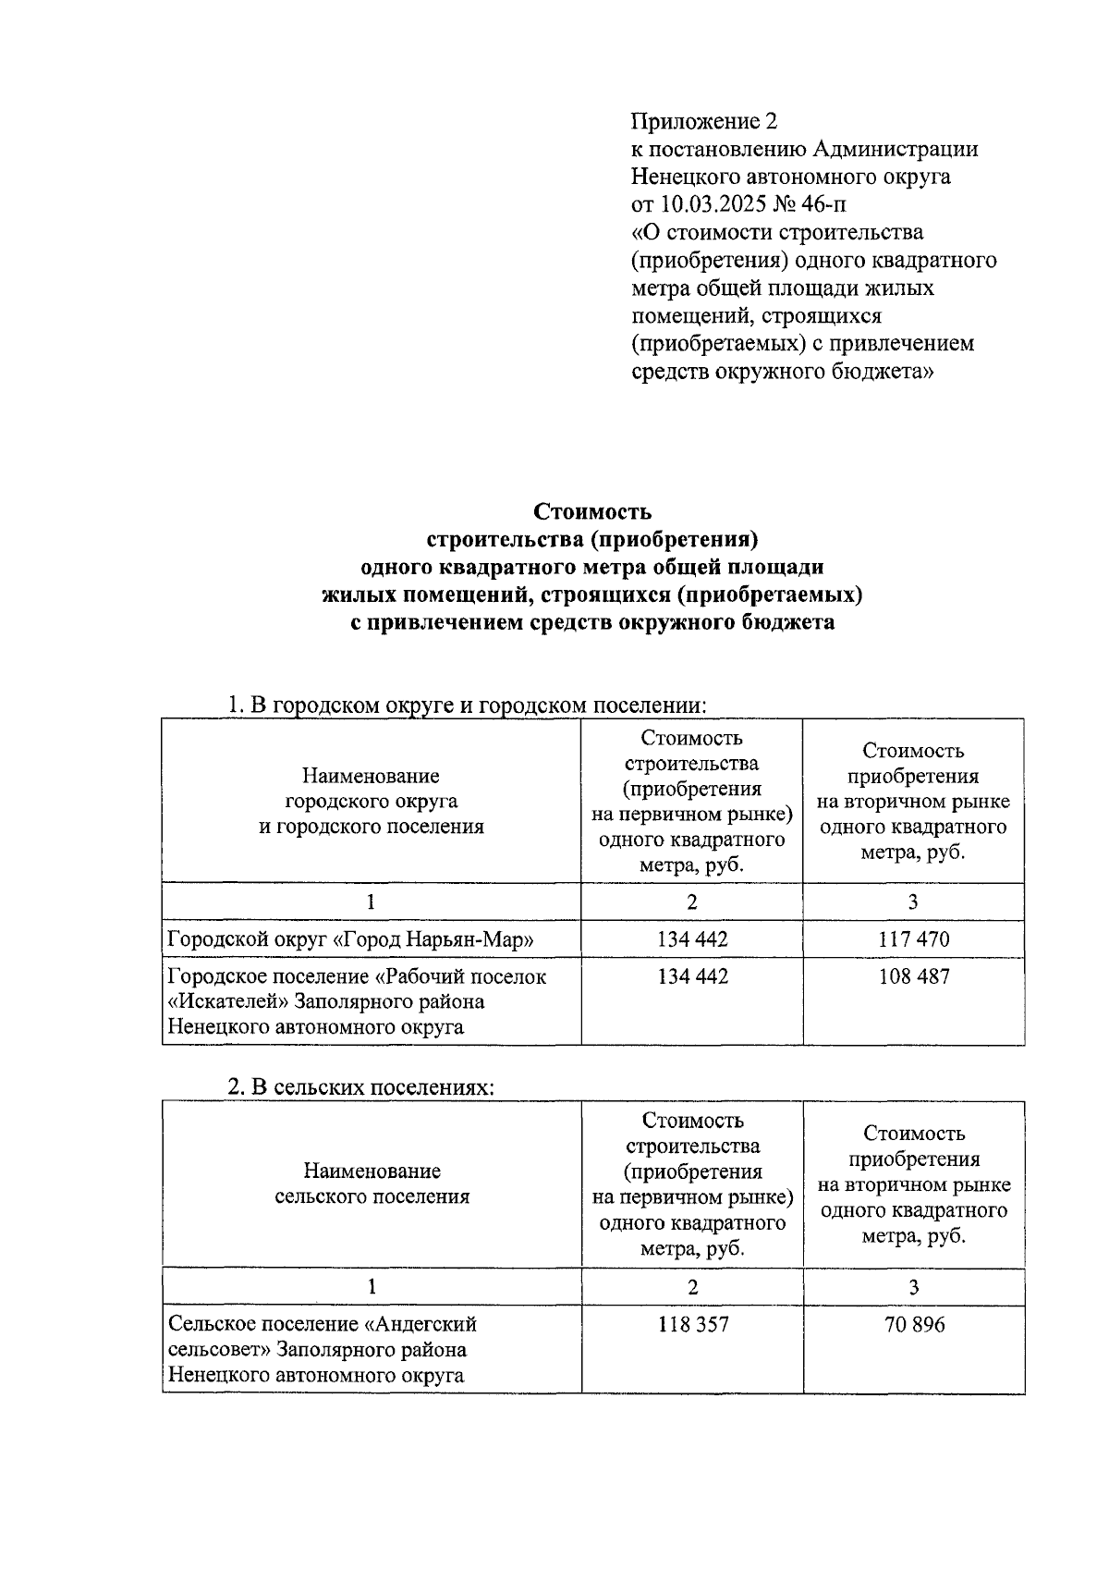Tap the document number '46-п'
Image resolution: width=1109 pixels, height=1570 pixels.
(x=825, y=204)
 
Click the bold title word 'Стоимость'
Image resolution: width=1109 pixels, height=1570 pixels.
(x=592, y=511)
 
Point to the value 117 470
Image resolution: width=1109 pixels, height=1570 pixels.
(x=913, y=939)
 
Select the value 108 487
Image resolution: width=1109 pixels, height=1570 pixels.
(x=913, y=976)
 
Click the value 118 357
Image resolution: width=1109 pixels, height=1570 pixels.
(x=692, y=1324)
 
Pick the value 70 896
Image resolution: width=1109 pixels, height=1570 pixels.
(x=913, y=1324)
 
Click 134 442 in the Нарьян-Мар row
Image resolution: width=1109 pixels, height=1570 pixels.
(x=692, y=939)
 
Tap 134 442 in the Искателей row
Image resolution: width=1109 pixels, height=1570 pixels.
(x=692, y=976)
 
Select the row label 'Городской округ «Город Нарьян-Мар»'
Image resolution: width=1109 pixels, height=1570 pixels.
(x=351, y=940)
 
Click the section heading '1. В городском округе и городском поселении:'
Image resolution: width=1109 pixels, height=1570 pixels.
(x=467, y=705)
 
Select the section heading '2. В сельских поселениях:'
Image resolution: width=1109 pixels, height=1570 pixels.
(x=361, y=1088)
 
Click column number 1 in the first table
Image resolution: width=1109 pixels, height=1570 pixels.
(x=372, y=902)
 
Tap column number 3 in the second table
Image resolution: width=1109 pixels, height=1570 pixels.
(x=913, y=1286)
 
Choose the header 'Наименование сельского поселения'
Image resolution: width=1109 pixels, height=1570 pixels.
(x=372, y=1184)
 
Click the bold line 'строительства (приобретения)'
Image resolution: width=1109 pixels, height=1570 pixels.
(x=592, y=539)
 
